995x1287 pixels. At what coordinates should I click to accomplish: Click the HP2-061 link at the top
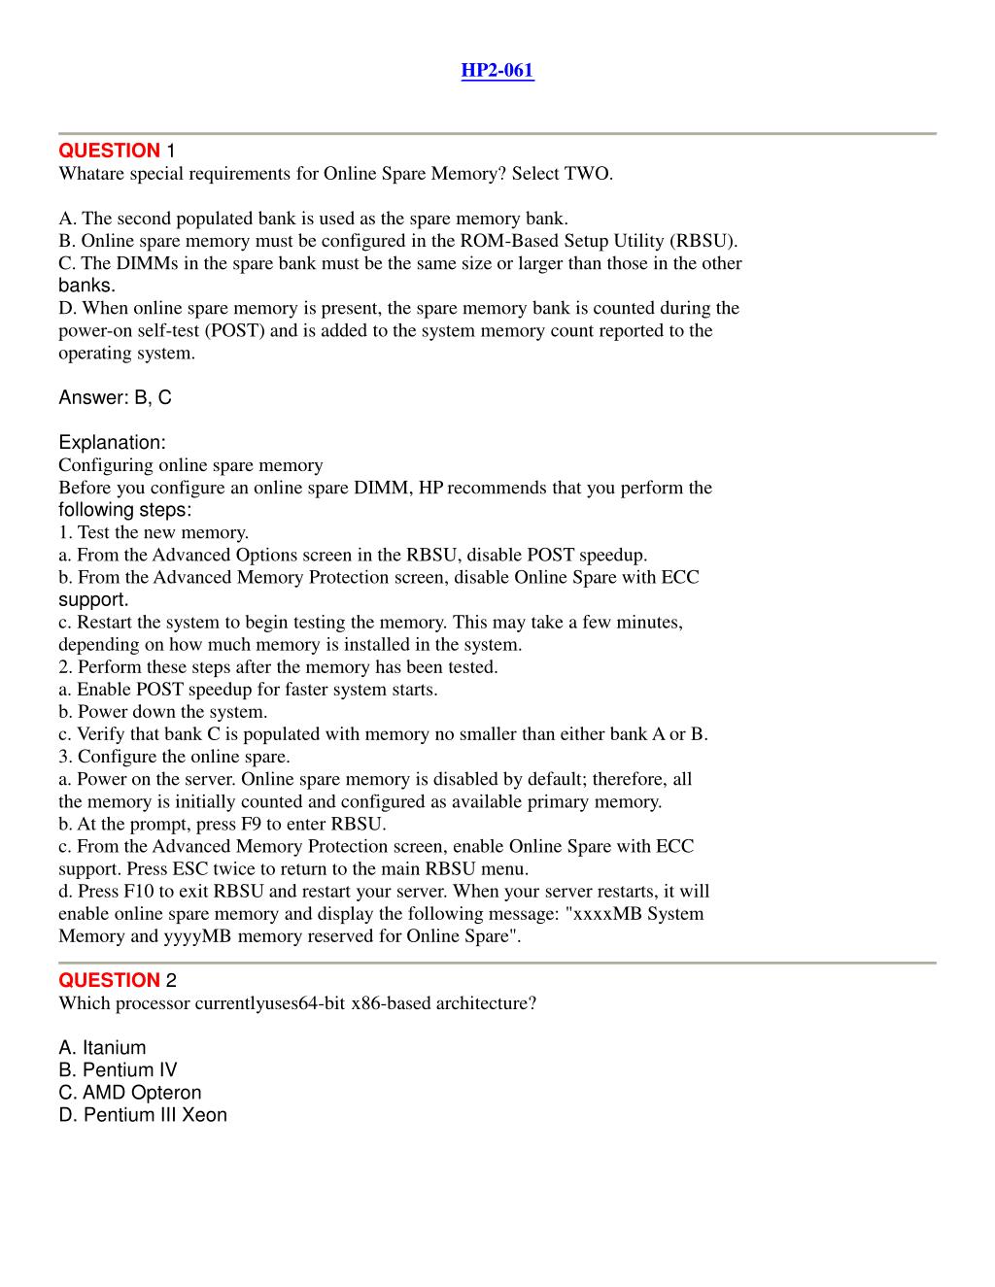pyautogui.click(x=497, y=71)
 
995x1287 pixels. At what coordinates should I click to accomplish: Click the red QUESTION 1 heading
pyautogui.click(x=117, y=151)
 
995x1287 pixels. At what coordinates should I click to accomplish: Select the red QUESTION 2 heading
pyautogui.click(x=117, y=980)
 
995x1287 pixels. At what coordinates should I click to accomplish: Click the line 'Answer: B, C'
pyautogui.click(x=115, y=397)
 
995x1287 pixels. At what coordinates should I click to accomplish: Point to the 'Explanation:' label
pyautogui.click(x=112, y=443)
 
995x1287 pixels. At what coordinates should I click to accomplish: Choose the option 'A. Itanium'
pyautogui.click(x=102, y=1047)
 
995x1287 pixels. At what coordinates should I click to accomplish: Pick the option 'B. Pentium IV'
pyautogui.click(x=118, y=1069)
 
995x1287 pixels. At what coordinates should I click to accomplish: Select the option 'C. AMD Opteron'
pyautogui.click(x=130, y=1092)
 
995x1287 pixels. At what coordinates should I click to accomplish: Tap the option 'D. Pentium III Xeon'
pyautogui.click(x=143, y=1114)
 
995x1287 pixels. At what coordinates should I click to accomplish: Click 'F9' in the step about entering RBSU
pyautogui.click(x=251, y=824)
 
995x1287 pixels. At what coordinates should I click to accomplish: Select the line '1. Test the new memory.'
pyautogui.click(x=154, y=532)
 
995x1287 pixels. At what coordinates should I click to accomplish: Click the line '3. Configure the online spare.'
pyautogui.click(x=174, y=757)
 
